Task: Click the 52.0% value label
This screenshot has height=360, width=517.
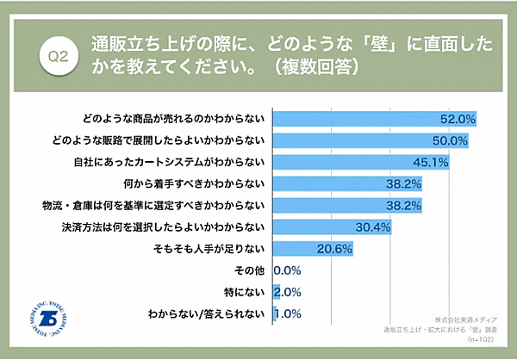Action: coord(458,118)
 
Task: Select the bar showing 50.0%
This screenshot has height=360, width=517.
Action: coord(371,140)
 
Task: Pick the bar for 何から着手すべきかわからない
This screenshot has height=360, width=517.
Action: coord(346,183)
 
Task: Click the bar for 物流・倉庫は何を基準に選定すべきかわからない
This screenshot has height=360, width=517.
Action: coord(346,205)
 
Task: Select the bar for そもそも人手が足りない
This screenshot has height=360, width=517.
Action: coord(313,249)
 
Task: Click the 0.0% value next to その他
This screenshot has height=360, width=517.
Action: coord(287,271)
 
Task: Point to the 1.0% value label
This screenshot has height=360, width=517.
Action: coord(287,315)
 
